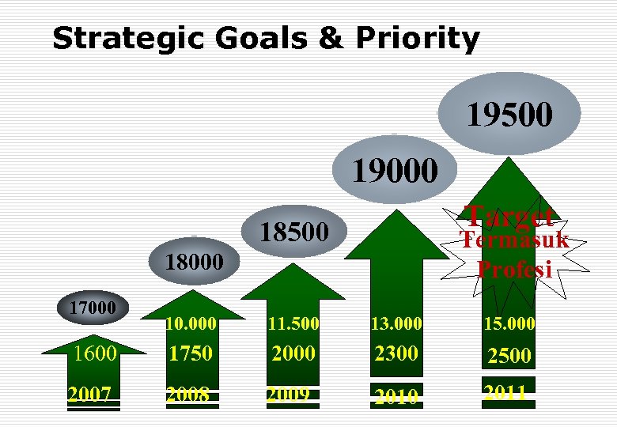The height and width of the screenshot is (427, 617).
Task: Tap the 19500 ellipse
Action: (x=509, y=114)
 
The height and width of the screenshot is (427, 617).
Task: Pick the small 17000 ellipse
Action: (x=90, y=306)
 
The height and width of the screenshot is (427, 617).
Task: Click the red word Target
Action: (x=509, y=214)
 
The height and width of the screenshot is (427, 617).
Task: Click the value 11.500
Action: (x=293, y=323)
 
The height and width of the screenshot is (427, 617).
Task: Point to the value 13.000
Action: (x=396, y=323)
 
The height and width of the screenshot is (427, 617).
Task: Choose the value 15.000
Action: (x=509, y=323)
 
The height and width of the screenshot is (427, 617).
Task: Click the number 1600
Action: (x=94, y=353)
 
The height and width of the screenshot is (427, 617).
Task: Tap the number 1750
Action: (x=191, y=354)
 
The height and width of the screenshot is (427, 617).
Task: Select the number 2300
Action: (x=396, y=353)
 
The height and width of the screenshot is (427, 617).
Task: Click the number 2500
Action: (x=509, y=356)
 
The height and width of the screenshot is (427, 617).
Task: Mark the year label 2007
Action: (x=89, y=394)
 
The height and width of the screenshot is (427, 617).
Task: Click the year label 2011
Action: (x=505, y=391)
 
